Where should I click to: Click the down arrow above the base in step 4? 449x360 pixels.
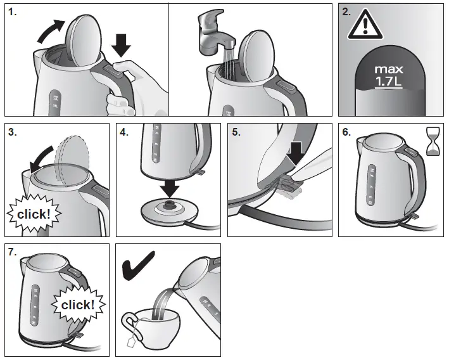pos(170,188)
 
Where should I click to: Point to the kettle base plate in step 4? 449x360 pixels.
pos(170,210)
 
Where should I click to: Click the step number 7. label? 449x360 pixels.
pos(13,252)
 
